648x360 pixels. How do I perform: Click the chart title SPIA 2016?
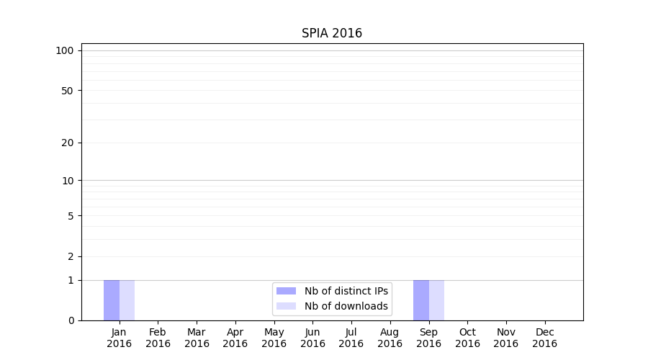click(x=331, y=34)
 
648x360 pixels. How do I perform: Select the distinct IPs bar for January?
click(x=112, y=300)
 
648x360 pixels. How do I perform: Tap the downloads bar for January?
click(x=127, y=300)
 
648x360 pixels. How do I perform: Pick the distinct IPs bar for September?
click(x=421, y=300)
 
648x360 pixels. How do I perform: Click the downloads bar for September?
click(x=436, y=300)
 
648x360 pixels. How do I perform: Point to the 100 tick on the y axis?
click(x=65, y=50)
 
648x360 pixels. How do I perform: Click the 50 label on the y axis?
click(x=68, y=91)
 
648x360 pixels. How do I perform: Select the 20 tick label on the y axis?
click(x=68, y=143)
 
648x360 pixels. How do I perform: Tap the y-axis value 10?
click(x=68, y=181)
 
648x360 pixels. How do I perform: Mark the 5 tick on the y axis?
click(x=71, y=216)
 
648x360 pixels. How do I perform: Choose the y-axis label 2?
click(x=71, y=256)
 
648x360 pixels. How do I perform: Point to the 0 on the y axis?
click(x=71, y=320)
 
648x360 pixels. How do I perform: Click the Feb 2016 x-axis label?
click(x=158, y=338)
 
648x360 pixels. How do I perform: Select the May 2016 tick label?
click(x=274, y=338)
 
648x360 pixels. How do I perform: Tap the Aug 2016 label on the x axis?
click(x=390, y=338)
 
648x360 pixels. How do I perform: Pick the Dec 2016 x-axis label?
click(x=544, y=338)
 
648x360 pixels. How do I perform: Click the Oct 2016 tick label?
click(x=467, y=338)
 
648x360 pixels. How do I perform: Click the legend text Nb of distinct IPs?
click(x=346, y=291)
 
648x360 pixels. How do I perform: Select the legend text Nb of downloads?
click(x=346, y=306)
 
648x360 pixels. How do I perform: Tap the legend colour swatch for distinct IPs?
click(x=286, y=291)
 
